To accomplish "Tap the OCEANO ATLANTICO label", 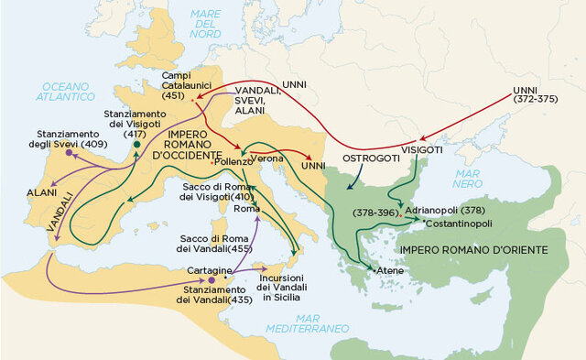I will coord(65,90).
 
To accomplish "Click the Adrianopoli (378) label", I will coord(442,210).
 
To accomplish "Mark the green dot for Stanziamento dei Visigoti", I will coord(137,144).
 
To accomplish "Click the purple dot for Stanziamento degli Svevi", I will coord(69,152).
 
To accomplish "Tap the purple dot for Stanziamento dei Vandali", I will coord(212,279).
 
